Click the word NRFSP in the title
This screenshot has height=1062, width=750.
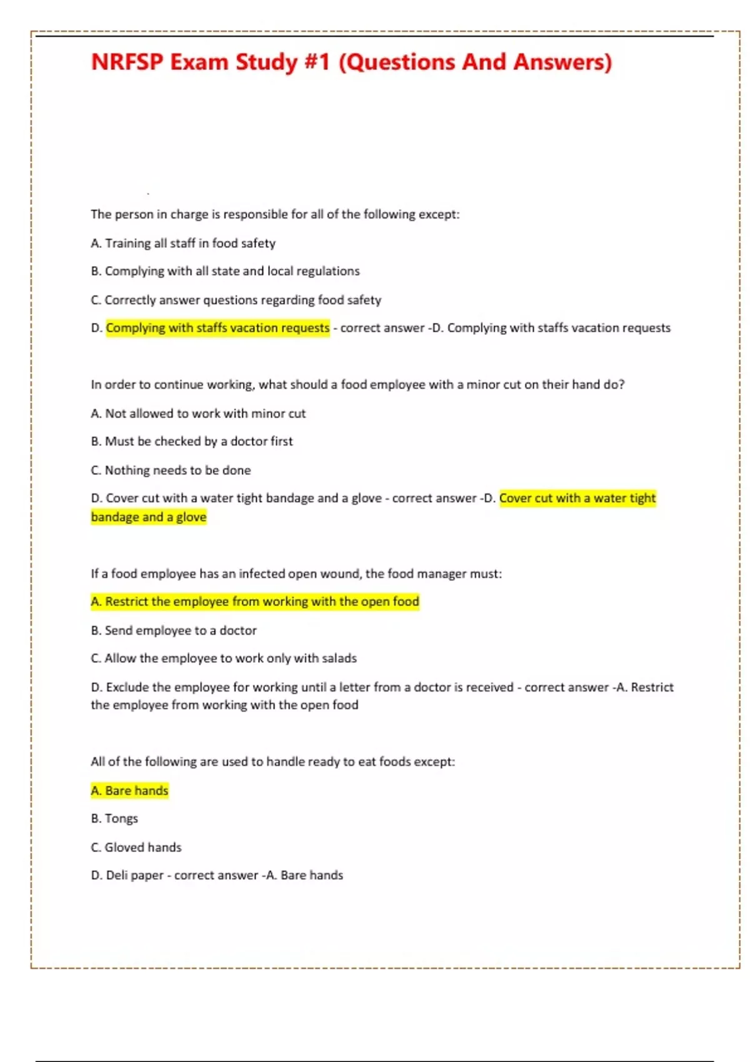(127, 62)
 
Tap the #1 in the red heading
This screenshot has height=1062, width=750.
(317, 62)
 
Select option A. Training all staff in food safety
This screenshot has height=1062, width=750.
(183, 243)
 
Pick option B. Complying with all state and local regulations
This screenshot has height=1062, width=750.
(225, 271)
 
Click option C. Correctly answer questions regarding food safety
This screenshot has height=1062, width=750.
(236, 300)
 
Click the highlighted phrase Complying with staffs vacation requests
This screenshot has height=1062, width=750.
(217, 328)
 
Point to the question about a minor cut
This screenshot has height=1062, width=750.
(357, 385)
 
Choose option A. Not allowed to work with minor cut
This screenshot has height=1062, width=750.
(198, 414)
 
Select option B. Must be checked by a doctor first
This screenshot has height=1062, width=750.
(191, 442)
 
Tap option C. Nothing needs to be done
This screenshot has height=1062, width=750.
(171, 470)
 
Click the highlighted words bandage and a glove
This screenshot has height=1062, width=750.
(149, 517)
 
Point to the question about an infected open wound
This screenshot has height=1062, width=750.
(296, 573)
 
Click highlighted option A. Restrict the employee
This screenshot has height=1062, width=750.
(255, 602)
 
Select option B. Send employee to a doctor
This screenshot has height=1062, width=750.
(174, 630)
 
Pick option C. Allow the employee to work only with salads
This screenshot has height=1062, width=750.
(224, 658)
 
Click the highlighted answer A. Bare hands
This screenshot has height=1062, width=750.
(129, 791)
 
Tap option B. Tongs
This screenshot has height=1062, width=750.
(114, 818)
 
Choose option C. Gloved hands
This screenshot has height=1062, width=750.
(136, 848)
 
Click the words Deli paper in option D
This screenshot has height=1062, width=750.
(134, 875)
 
